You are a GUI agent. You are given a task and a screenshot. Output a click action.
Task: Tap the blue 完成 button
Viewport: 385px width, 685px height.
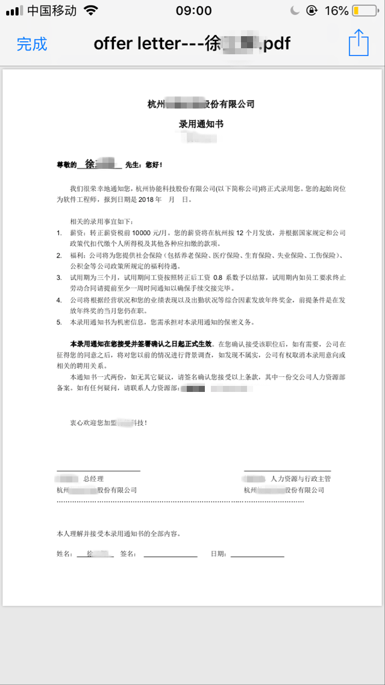pos(32,44)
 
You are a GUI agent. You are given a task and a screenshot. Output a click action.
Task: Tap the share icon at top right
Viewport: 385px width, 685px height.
pos(358,43)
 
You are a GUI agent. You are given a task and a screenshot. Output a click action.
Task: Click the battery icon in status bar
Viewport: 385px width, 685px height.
pos(365,11)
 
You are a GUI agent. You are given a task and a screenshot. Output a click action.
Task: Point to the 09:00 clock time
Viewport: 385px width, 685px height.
pos(193,11)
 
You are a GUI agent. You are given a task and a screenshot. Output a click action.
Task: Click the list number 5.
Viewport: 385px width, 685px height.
pos(59,323)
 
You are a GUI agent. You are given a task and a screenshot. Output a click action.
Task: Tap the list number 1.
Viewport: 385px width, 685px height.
pos(59,232)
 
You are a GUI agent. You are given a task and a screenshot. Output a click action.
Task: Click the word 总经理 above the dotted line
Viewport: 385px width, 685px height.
pos(93,479)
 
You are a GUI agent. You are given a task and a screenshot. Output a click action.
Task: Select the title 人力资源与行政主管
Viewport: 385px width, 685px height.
pos(301,479)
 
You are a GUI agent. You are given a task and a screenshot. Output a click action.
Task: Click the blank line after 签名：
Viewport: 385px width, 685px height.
pos(170,554)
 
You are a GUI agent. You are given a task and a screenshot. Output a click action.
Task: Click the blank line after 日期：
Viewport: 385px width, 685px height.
pos(257,554)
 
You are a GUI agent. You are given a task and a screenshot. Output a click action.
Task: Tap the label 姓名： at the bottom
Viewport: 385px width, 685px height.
pos(65,554)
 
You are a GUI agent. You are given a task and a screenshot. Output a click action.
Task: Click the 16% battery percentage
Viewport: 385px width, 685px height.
pos(337,11)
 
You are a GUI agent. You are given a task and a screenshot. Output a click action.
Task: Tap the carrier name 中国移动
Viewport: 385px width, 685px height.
pos(52,11)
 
